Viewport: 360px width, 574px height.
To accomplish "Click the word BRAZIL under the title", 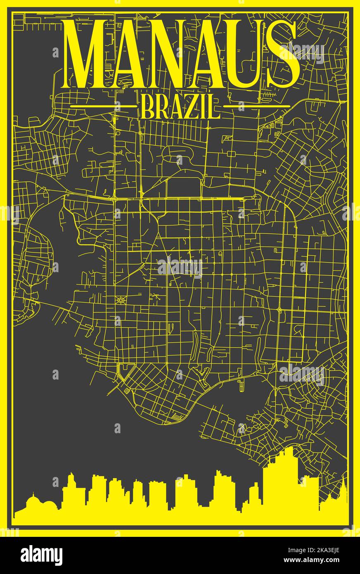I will click(x=180, y=106).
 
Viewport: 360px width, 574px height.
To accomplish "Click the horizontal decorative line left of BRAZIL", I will click(x=103, y=106).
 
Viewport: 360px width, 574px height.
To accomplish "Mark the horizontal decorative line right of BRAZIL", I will click(x=257, y=106).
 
